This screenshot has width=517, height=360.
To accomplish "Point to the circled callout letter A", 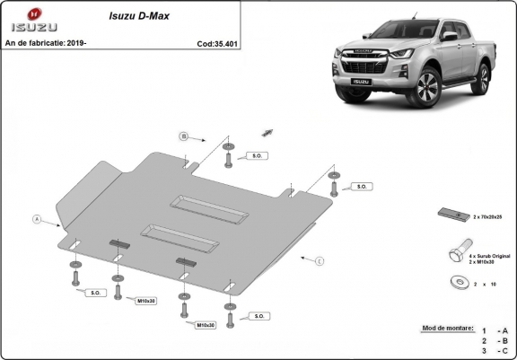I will pos(37,219).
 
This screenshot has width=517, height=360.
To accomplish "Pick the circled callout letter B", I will pos(183,136).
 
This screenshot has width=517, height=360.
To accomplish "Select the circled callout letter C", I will pos(318,260).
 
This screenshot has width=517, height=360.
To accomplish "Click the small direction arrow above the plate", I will pos(267,131).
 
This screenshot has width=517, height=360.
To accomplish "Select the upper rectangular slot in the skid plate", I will pos(214,207).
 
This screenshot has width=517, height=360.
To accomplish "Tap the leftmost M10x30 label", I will pos(145,300).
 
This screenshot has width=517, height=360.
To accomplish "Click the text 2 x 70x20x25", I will pos(486,217).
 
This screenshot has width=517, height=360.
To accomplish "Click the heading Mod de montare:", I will pos(446,329).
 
